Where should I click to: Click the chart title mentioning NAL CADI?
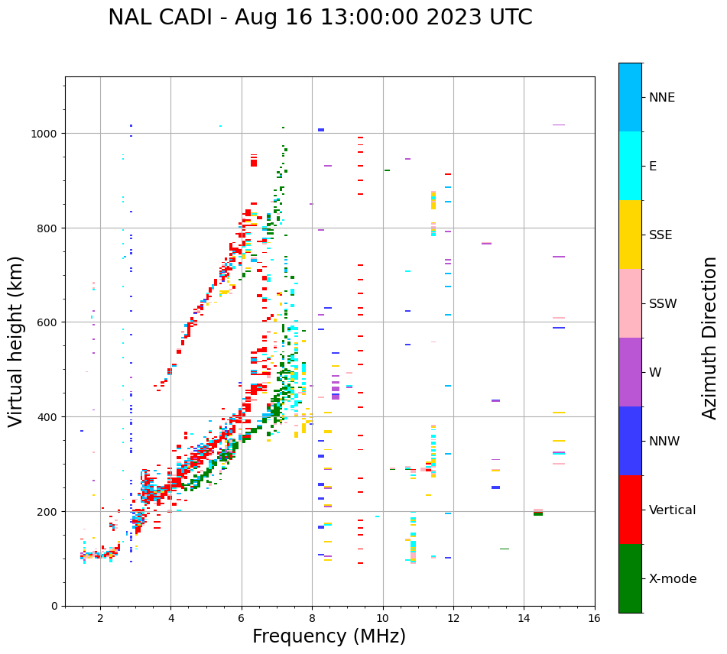(x=320, y=18)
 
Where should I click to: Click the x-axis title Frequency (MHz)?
(x=329, y=636)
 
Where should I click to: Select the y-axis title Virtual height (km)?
(x=16, y=341)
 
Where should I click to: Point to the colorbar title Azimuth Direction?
(x=710, y=338)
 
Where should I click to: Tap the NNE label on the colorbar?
(x=662, y=98)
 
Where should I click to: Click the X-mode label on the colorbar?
(x=673, y=579)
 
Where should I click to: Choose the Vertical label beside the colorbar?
(x=673, y=510)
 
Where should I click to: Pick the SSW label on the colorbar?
(x=663, y=304)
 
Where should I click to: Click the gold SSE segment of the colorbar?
(x=630, y=235)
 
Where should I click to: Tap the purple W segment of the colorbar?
(x=630, y=372)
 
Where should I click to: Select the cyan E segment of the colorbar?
(x=630, y=166)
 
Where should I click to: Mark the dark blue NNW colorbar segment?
(x=630, y=441)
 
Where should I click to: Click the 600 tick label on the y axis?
(x=48, y=322)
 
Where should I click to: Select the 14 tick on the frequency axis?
(x=524, y=620)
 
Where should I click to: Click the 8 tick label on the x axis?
(x=312, y=620)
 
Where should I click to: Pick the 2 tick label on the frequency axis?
(x=100, y=620)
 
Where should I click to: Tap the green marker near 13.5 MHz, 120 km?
(x=505, y=549)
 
